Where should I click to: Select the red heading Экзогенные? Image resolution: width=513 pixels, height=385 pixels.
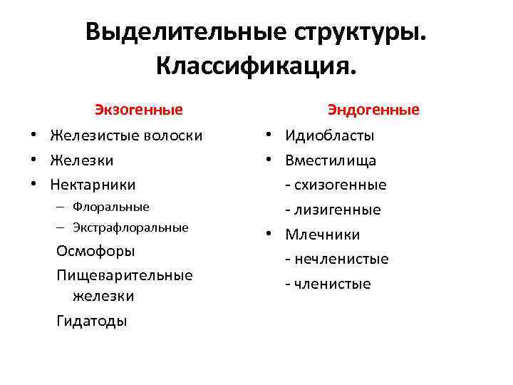click(140, 110)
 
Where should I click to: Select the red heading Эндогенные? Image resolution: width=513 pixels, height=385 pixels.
click(373, 110)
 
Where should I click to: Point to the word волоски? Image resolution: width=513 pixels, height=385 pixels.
click(174, 135)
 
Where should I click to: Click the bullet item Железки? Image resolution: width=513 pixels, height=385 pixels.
click(81, 160)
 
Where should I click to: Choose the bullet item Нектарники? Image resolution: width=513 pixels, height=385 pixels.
click(93, 185)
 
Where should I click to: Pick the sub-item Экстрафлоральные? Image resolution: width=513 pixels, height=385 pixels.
click(130, 228)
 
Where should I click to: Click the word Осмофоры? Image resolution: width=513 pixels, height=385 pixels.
click(95, 252)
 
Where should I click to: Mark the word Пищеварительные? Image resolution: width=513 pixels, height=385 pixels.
click(125, 275)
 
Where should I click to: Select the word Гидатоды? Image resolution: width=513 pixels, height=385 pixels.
click(92, 321)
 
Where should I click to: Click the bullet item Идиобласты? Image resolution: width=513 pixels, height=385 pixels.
click(330, 135)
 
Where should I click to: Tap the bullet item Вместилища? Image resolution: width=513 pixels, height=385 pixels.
click(331, 160)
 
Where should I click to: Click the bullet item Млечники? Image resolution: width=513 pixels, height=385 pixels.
click(323, 235)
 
